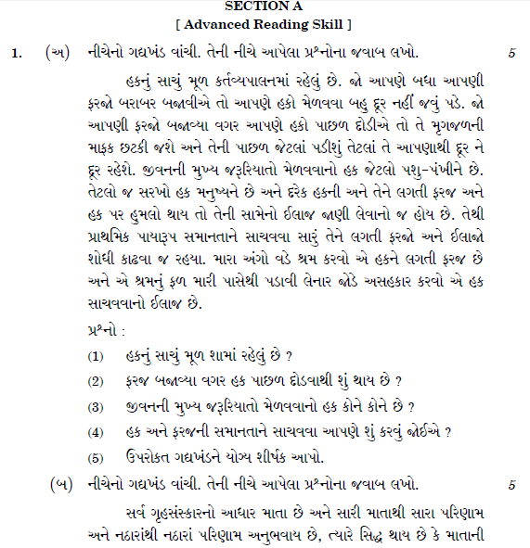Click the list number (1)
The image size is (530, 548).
tap(96, 356)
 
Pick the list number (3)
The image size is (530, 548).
tap(96, 406)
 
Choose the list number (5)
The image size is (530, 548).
tap(96, 457)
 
